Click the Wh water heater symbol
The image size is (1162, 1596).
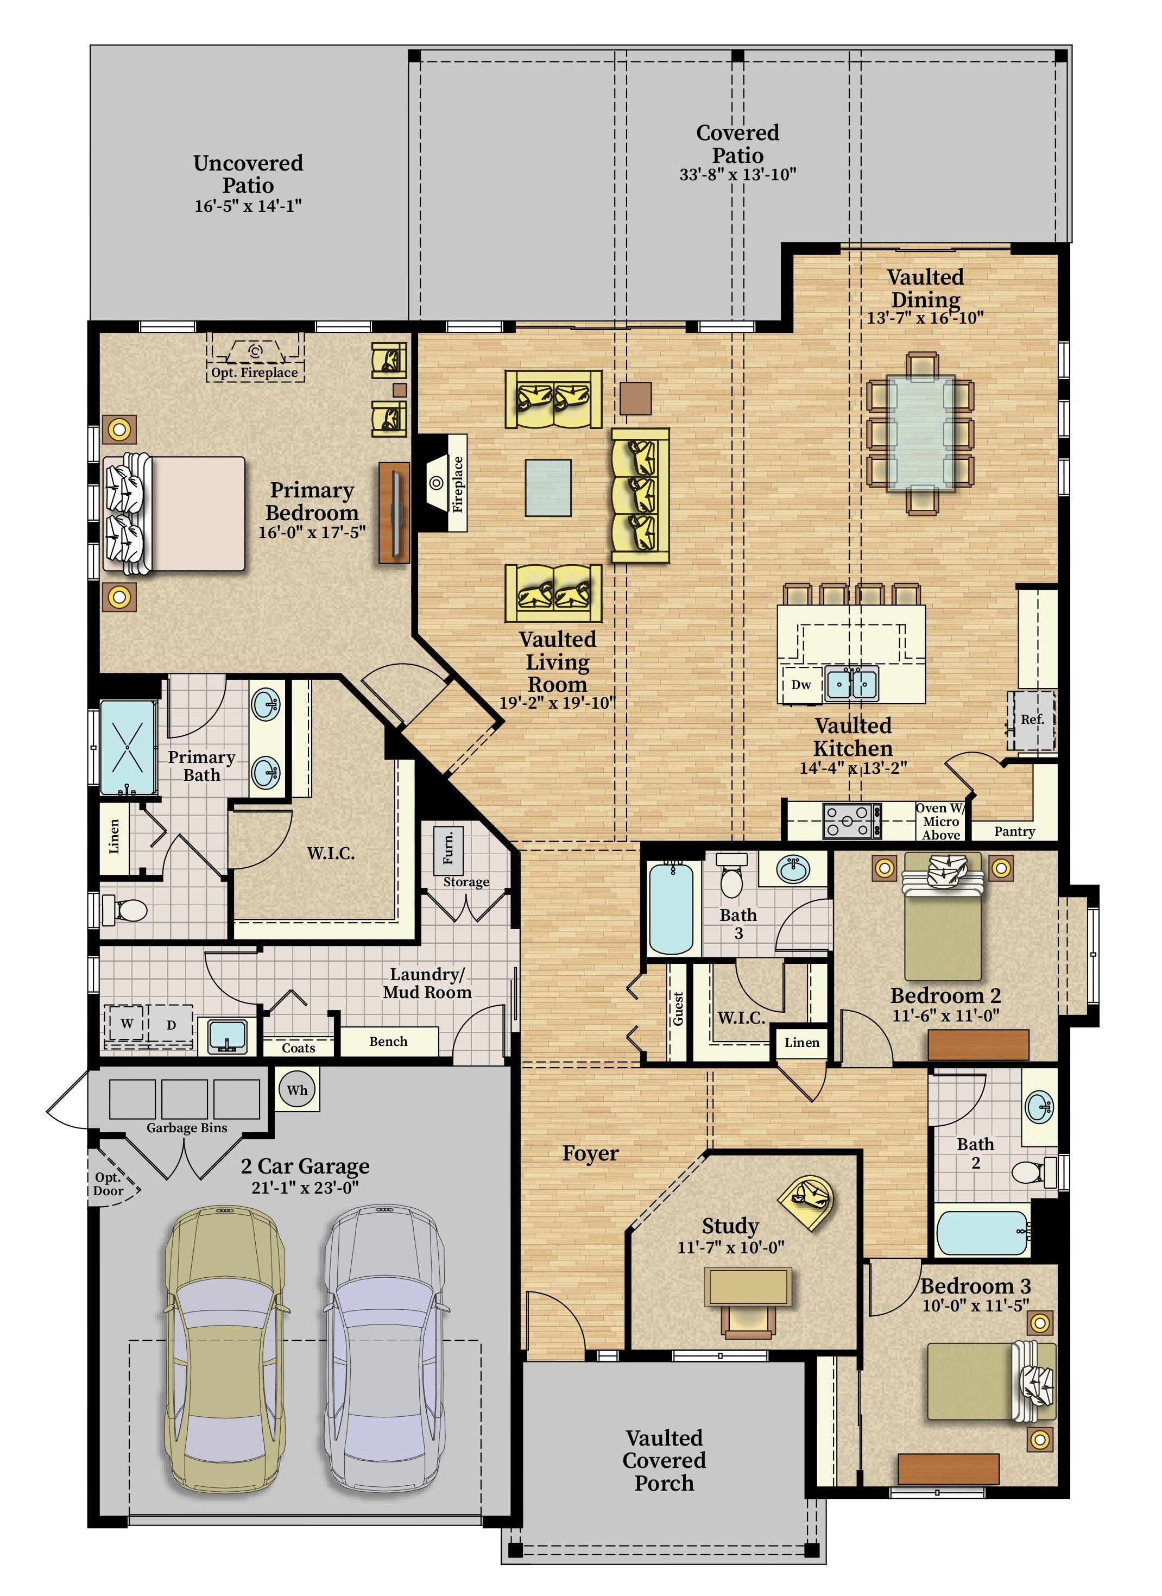click(296, 1090)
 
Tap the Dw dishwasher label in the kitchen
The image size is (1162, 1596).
click(801, 684)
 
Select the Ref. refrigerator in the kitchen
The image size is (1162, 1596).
click(1032, 721)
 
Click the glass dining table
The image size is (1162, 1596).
click(920, 432)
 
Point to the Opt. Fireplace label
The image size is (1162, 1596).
click(255, 373)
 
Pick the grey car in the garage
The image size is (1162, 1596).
click(386, 1360)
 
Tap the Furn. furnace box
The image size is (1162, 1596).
click(449, 850)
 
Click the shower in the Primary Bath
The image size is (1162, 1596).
click(128, 747)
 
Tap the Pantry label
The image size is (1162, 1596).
click(1014, 831)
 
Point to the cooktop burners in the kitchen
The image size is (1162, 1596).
click(851, 821)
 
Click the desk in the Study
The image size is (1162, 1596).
click(749, 1286)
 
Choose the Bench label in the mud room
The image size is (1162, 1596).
click(388, 1042)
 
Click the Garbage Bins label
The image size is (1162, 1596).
click(186, 1128)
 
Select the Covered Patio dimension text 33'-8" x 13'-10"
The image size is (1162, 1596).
click(737, 174)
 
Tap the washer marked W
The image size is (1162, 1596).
click(127, 1024)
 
